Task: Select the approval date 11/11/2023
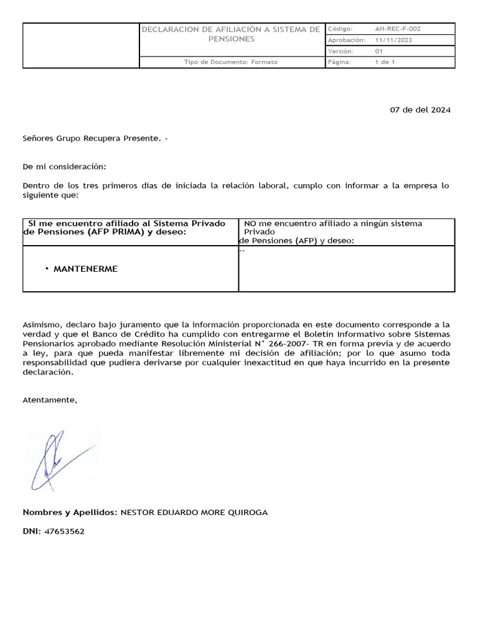coord(393,40)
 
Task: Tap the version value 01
coord(379,51)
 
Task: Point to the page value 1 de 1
coord(384,62)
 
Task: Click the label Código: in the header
coord(340,29)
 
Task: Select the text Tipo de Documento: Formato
coord(231,62)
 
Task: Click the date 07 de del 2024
coord(419,110)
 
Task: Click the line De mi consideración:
coord(64,167)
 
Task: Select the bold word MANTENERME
coord(85,269)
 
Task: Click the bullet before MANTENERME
coord(47,269)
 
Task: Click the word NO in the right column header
coord(250,223)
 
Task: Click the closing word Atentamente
coord(50,400)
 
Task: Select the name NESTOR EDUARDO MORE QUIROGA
coord(194,513)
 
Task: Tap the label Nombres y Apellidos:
coord(70,513)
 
